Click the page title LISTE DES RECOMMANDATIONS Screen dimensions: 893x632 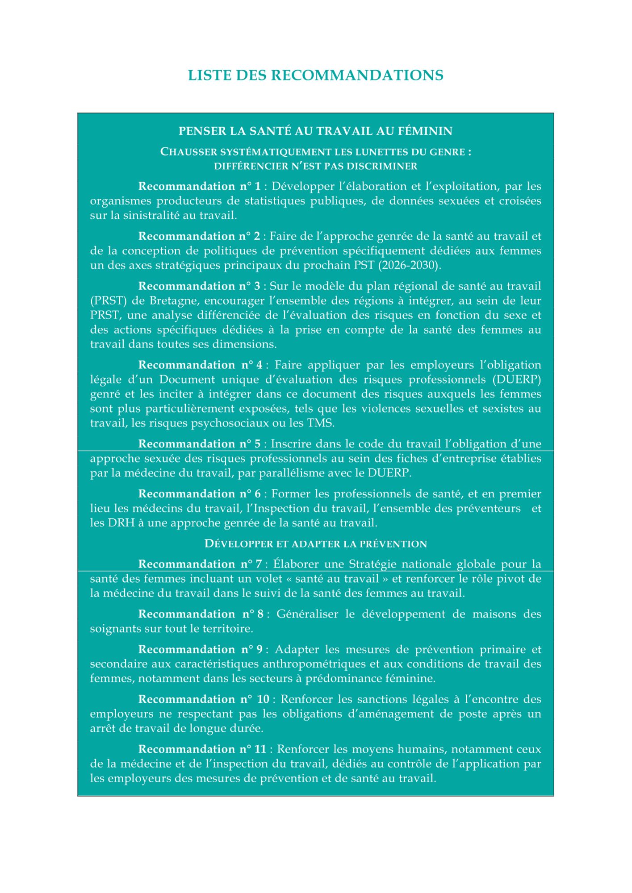click(315, 75)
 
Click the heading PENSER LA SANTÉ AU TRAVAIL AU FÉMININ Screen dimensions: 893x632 click(315, 131)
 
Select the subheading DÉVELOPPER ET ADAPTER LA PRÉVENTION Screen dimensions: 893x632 click(315, 544)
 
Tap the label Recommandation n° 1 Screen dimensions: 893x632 click(199, 186)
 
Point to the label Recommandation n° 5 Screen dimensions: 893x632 click(199, 444)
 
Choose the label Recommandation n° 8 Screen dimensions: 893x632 click(201, 614)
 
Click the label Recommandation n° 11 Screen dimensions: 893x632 click(202, 749)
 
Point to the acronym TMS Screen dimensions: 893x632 click(320, 423)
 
